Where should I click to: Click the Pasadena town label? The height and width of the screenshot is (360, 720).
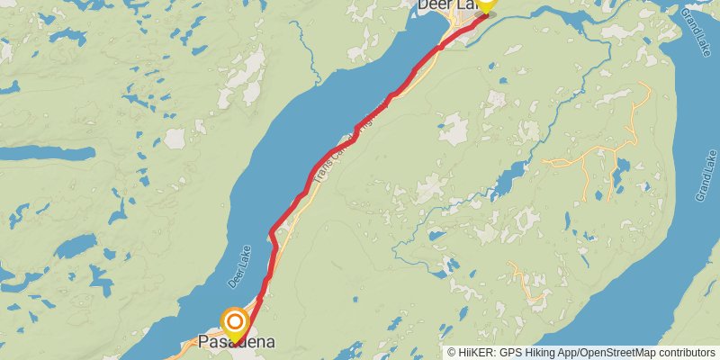click(236, 342)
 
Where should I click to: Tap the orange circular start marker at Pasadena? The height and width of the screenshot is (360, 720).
click(235, 320)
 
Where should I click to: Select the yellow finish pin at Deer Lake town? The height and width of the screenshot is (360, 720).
click(485, 4)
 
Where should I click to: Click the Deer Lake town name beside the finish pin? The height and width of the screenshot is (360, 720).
click(445, 6)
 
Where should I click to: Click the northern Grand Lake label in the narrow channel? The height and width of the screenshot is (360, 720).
click(697, 28)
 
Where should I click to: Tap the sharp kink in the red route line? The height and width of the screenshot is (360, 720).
click(271, 235)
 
